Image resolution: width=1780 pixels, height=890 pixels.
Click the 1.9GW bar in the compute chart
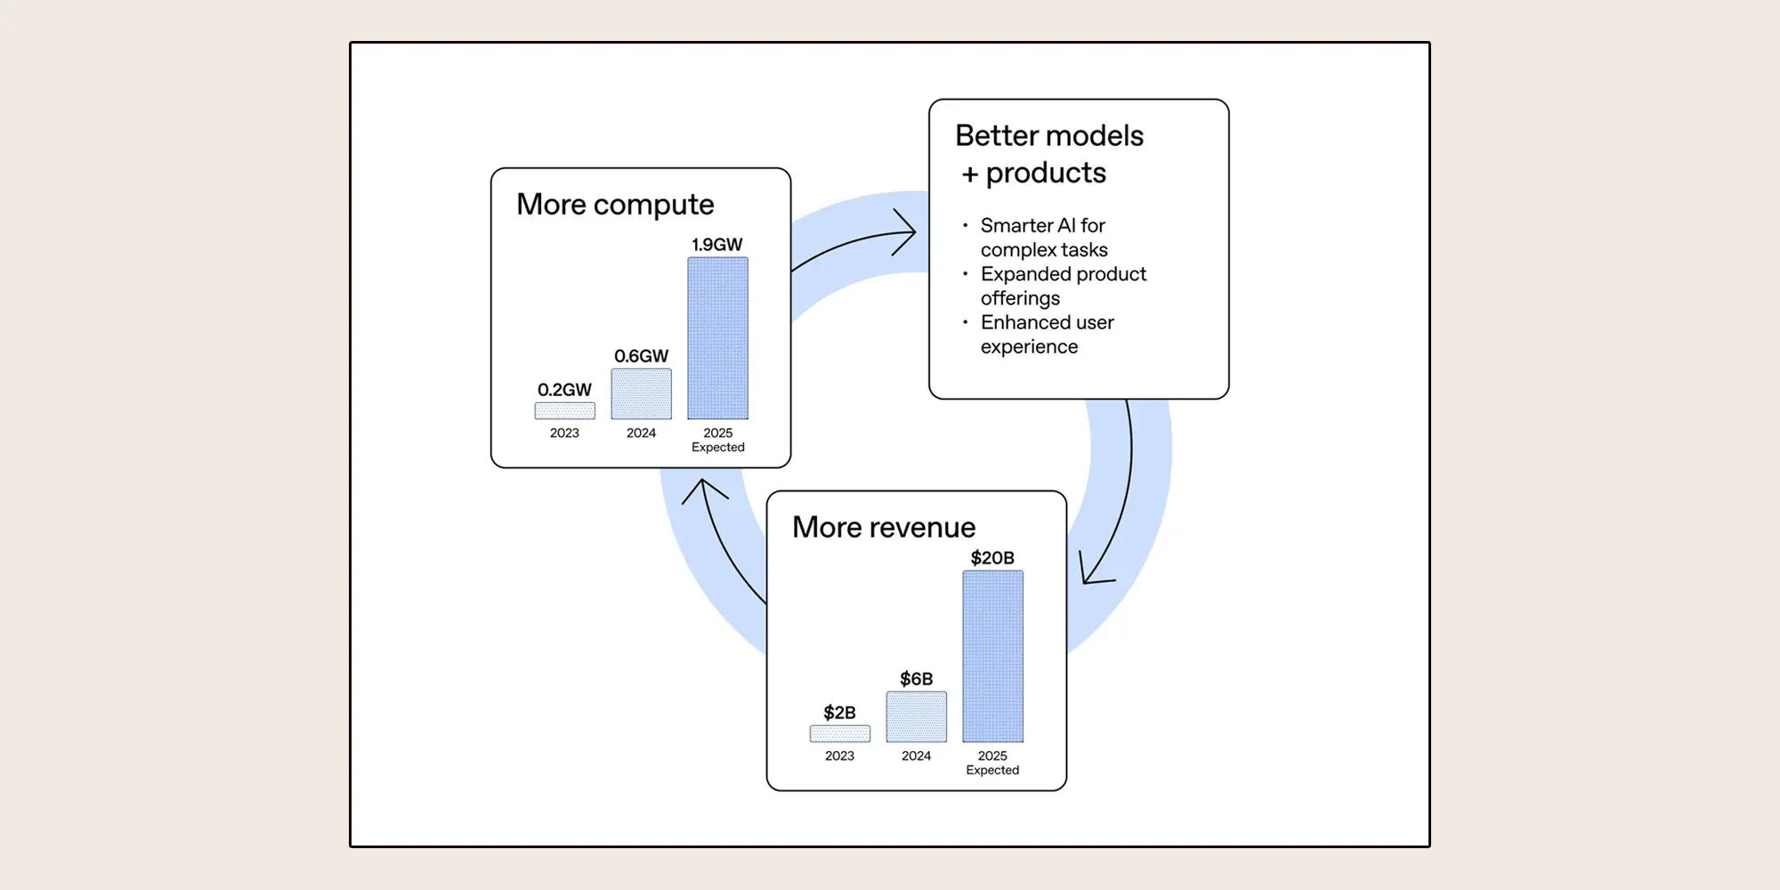click(x=717, y=338)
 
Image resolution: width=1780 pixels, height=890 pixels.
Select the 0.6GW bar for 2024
click(x=641, y=394)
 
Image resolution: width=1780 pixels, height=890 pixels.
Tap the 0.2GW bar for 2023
click(x=564, y=410)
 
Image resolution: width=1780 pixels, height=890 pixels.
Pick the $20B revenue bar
click(x=992, y=657)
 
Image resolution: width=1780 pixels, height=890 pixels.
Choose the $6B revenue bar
click(x=916, y=716)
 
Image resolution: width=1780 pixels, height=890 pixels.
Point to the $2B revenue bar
click(x=839, y=733)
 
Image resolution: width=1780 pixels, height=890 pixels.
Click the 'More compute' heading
click(x=615, y=205)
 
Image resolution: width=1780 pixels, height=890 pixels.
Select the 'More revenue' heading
click(x=884, y=527)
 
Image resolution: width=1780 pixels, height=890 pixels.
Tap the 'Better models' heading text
click(x=1049, y=136)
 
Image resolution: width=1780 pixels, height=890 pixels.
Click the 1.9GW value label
click(x=717, y=245)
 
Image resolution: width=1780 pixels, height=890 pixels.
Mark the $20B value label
click(x=992, y=558)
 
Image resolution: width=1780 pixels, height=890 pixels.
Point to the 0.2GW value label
click(x=564, y=390)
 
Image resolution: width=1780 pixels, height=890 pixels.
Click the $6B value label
click(x=916, y=679)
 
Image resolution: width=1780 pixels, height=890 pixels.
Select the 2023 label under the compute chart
click(x=564, y=433)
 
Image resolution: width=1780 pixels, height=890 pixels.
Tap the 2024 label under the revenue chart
click(x=916, y=756)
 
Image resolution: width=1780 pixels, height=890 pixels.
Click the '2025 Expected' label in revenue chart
click(x=992, y=763)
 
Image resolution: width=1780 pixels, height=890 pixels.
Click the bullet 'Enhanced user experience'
click(x=1047, y=335)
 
